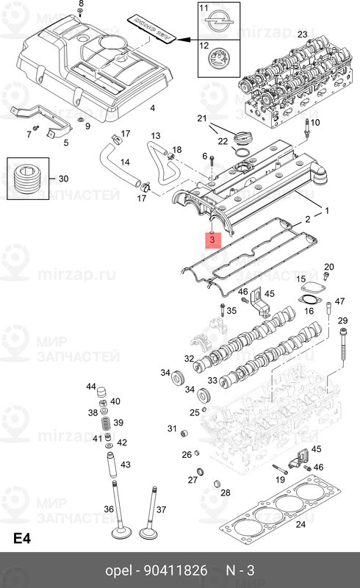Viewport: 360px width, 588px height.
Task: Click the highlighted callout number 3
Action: coord(212,239)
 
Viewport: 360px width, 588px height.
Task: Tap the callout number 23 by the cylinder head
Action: coord(302,35)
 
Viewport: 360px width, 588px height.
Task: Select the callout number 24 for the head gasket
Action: coord(300,524)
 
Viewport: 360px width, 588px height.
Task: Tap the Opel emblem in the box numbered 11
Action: coord(216,20)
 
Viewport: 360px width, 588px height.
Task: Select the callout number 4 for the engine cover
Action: coord(152,108)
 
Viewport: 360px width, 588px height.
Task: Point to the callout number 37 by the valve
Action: coord(162,510)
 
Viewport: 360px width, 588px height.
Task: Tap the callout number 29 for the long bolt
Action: coord(342,321)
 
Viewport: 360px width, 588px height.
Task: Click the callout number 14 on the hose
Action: coord(124,162)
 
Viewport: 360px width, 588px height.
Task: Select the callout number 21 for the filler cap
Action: coord(202,118)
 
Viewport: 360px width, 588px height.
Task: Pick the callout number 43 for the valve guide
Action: coord(125,465)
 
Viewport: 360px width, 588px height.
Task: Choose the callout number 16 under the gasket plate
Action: coord(309,311)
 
